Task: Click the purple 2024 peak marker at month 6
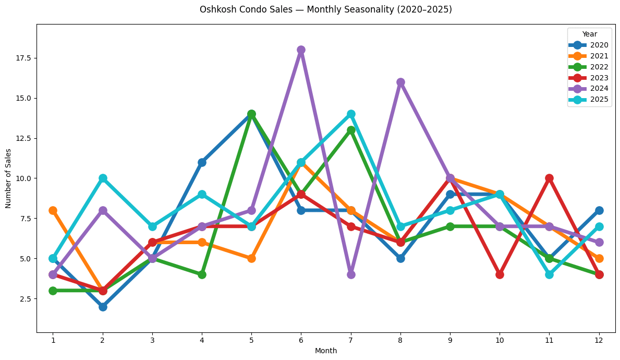301,50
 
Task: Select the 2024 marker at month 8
400,82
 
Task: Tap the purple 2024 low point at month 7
351,274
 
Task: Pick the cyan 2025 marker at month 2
103,178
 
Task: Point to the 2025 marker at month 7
351,114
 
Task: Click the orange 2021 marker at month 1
53,210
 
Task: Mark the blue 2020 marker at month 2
103,307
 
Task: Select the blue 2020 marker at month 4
202,162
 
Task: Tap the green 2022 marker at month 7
351,130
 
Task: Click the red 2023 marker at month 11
549,178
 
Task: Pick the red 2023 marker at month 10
500,274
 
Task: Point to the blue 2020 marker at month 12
599,210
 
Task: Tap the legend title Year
590,34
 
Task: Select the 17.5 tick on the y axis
23,58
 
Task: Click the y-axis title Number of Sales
8,178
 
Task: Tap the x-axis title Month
326,351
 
